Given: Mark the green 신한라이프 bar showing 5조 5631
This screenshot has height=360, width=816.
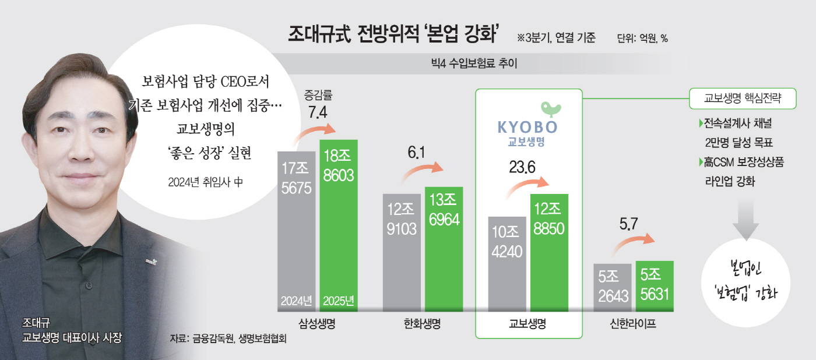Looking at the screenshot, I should [655, 285].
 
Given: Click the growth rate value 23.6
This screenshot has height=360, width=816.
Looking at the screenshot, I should [522, 168].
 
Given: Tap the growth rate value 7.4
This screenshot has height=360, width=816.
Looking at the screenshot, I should [318, 113].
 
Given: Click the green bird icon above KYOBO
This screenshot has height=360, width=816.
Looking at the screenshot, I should [549, 108].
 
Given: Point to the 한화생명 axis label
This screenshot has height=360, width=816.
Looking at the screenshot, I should [422, 323].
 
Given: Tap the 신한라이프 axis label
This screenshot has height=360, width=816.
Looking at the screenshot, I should [633, 323].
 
